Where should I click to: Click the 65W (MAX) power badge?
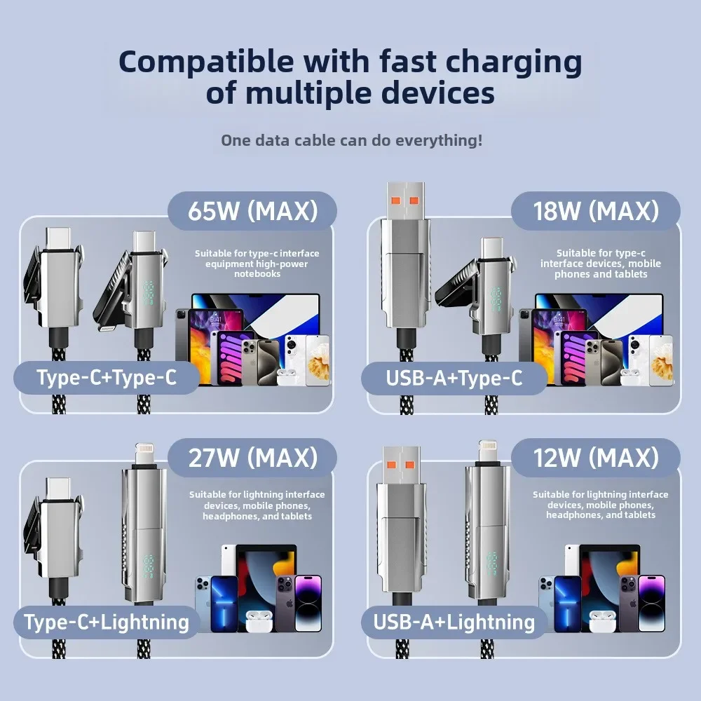click(x=252, y=211)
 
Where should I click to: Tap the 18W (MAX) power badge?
click(x=595, y=211)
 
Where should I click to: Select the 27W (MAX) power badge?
click(x=252, y=458)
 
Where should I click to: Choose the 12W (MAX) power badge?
click(x=595, y=458)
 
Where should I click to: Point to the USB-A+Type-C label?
click(x=454, y=378)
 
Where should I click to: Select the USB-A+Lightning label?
click(x=454, y=622)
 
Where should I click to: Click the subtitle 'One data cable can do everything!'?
click(x=351, y=140)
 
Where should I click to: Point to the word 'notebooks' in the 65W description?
click(x=257, y=274)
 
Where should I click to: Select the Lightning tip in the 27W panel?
click(x=146, y=454)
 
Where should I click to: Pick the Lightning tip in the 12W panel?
click(x=488, y=454)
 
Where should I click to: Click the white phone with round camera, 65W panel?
click(x=297, y=360)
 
